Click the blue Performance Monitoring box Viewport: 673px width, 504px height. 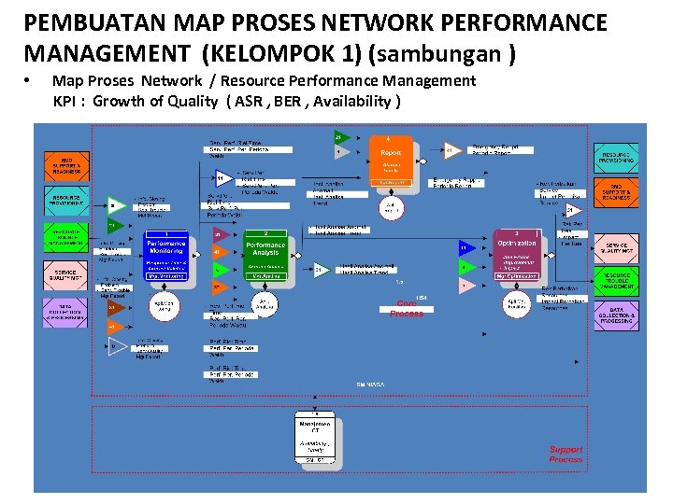coord(166,255)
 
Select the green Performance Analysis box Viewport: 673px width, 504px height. coord(265,255)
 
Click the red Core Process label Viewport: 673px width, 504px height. coord(407,309)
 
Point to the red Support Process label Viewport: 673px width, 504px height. coord(566,455)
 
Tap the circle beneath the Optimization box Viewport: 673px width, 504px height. coord(518,303)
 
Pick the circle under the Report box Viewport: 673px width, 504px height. coord(391,206)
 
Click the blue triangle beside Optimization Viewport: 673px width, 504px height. coord(465,248)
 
